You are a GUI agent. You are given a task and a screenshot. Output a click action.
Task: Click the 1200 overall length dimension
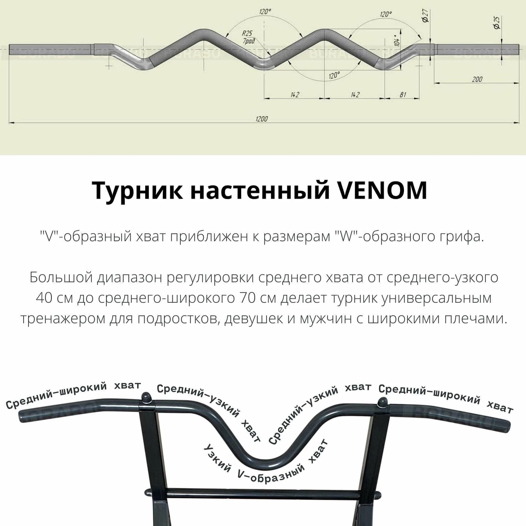(262, 119)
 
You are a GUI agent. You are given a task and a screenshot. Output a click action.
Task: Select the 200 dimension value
(477, 79)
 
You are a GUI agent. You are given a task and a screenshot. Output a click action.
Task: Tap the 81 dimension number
(403, 94)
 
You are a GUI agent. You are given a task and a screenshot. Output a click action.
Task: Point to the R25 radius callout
(247, 33)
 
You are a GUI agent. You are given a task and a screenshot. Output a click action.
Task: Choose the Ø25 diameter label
(497, 23)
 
